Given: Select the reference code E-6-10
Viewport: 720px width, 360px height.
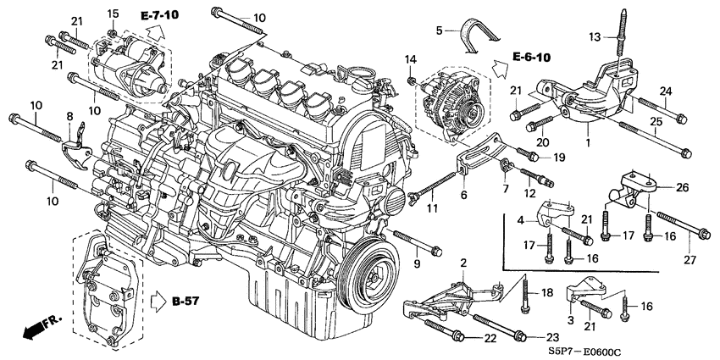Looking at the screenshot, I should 531,58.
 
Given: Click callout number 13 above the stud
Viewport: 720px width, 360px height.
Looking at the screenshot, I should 595,36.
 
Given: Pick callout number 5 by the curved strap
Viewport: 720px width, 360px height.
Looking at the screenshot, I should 439,30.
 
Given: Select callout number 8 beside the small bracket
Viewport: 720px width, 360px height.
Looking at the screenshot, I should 69,115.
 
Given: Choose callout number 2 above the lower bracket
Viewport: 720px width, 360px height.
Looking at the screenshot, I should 463,263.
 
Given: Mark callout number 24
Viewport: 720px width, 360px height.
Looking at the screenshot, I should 665,91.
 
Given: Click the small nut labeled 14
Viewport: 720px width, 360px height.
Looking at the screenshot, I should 410,80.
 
